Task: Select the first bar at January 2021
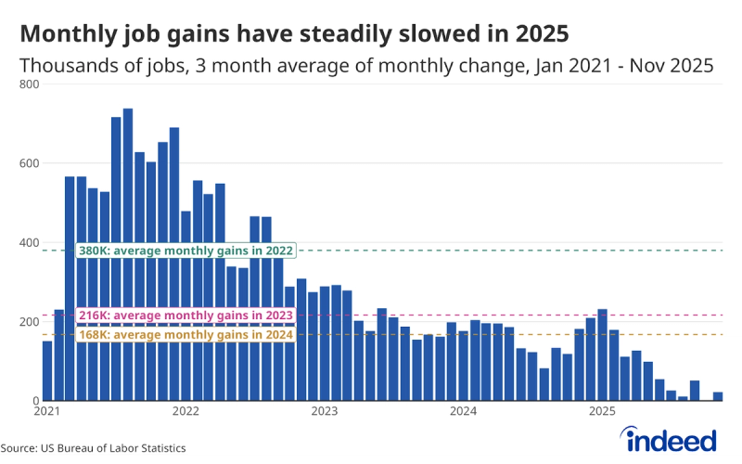(x=47, y=371)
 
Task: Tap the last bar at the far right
(x=717, y=396)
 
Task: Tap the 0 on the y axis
(x=35, y=401)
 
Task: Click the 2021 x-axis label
(x=47, y=411)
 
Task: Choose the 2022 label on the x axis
(x=185, y=411)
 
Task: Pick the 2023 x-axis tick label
(x=325, y=411)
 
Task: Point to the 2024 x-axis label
(x=463, y=411)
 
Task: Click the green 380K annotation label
(x=185, y=251)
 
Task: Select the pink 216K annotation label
(x=185, y=316)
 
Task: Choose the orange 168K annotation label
(x=185, y=335)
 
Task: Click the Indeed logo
(x=671, y=438)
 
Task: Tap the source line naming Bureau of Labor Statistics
(x=93, y=448)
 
